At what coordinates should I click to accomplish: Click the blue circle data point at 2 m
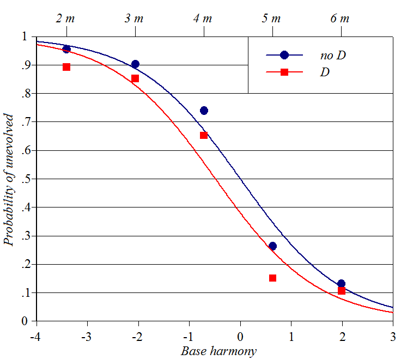click(66, 49)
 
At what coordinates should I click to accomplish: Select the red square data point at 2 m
click(66, 67)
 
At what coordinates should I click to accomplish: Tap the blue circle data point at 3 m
click(135, 64)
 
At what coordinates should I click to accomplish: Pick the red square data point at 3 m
click(135, 78)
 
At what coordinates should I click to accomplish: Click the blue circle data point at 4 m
click(204, 111)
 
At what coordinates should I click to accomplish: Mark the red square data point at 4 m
click(204, 135)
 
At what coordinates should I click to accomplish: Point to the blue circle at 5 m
click(272, 246)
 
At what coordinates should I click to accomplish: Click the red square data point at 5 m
click(272, 278)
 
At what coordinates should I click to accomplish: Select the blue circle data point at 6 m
click(341, 284)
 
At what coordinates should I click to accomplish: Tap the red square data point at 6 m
click(342, 291)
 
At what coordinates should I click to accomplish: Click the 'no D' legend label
click(333, 55)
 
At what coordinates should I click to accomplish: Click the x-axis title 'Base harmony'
click(218, 351)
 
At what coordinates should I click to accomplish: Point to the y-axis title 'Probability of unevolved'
click(9, 179)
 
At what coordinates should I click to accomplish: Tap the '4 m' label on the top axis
click(203, 19)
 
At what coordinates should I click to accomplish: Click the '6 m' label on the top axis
click(340, 19)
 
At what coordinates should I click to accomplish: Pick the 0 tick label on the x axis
click(240, 334)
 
